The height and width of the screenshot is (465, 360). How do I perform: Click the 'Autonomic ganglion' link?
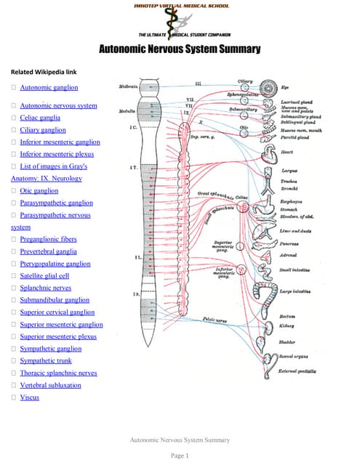pos(49,87)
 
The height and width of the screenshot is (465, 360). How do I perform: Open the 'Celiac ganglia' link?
pos(40,117)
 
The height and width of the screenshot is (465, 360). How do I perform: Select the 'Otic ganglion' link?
pos(39,190)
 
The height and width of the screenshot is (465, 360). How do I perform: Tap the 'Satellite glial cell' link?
pos(44,276)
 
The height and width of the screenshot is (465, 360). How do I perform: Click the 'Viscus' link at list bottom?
pos(30,397)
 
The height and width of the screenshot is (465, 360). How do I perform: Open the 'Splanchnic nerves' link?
pos(47,288)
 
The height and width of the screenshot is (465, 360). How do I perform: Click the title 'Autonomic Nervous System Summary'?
pos(179,49)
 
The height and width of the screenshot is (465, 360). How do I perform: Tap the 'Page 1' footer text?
pos(179,456)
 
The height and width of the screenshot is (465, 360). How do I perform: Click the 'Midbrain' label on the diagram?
pos(128,86)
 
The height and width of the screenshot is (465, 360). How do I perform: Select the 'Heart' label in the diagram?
pos(287,153)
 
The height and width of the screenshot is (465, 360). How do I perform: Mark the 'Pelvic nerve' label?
pos(216,320)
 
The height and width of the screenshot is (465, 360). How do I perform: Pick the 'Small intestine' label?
pos(295,270)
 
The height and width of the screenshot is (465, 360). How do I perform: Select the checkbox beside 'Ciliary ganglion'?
pos(14,130)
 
